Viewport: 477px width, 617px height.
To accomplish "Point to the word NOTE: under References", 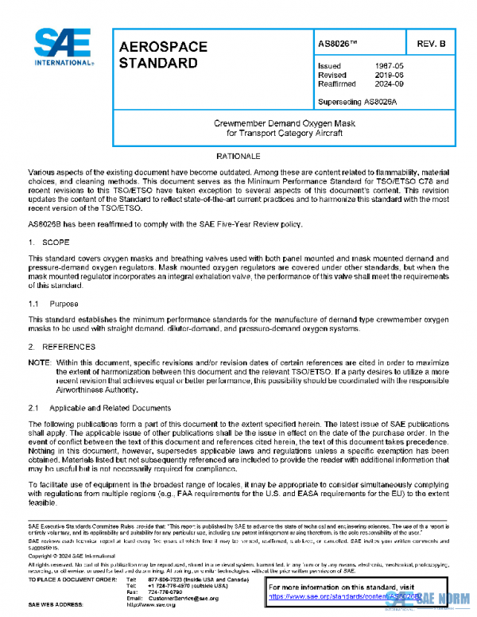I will [x=38, y=362].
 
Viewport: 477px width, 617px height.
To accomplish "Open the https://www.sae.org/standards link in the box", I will [x=350, y=595].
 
